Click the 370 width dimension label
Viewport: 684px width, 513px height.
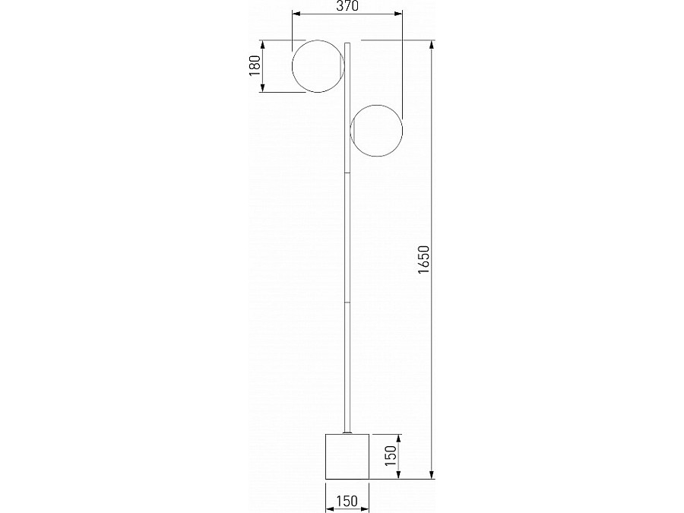[x=347, y=6]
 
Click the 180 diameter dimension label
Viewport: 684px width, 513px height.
[x=255, y=66]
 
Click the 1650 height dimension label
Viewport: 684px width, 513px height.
[x=423, y=260]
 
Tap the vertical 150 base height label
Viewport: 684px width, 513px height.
[x=391, y=455]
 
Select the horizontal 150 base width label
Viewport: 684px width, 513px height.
[x=347, y=502]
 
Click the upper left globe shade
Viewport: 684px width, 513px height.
[x=293, y=66]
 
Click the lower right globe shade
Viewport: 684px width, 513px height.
[x=402, y=131]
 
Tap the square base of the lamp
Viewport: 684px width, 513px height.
[x=347, y=456]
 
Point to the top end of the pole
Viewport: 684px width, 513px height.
[x=347, y=43]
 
